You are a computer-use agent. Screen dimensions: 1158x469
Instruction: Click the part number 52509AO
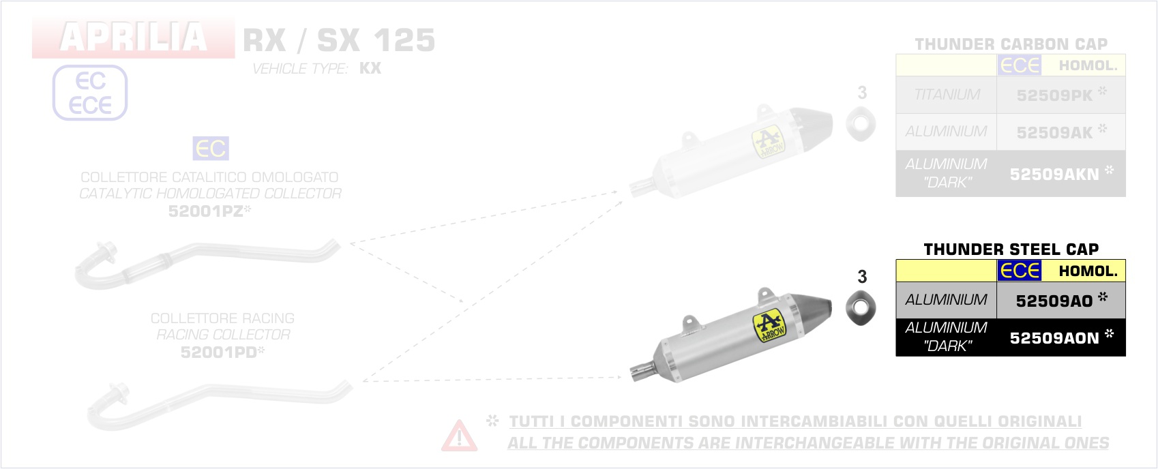pyautogui.click(x=1054, y=301)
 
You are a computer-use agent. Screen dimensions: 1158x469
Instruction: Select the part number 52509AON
pyautogui.click(x=1054, y=338)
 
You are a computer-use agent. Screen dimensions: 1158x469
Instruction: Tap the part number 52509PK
pyautogui.click(x=1054, y=95)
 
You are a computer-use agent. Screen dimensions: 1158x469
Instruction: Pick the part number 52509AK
pyautogui.click(x=1054, y=133)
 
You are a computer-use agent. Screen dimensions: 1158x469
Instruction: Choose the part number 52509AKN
pyautogui.click(x=1054, y=175)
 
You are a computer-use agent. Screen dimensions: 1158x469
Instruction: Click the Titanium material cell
pyautogui.click(x=946, y=95)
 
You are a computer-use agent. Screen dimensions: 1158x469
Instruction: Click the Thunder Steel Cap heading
pyautogui.click(x=1011, y=249)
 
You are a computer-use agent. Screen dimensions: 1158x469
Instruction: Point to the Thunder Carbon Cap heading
pyautogui.click(x=1011, y=44)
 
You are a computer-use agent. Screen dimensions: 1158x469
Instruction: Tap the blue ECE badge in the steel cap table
pyautogui.click(x=1019, y=271)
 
